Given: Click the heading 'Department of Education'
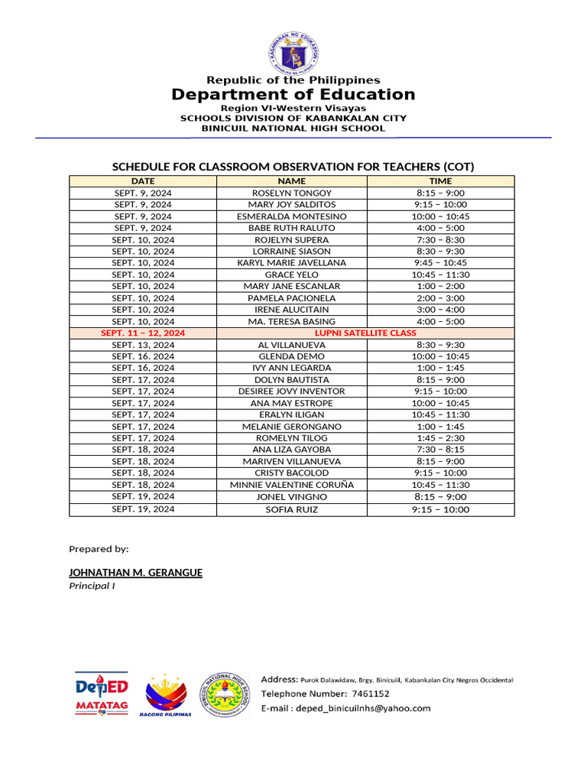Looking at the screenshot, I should pos(293,95).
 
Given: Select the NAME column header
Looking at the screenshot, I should pos(291,181).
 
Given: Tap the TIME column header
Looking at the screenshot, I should pos(440,181).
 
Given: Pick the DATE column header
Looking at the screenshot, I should pos(143,181).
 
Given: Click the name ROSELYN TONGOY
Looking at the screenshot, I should pos(291,193).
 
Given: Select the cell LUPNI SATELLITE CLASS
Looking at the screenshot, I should pos(366,333).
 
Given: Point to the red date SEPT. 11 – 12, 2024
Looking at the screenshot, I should pos(143,333).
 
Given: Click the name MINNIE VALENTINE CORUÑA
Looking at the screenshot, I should pos(291,485).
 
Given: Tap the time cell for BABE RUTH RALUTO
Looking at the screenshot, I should pos(440,228).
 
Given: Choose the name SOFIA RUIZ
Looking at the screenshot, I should pos(291,509).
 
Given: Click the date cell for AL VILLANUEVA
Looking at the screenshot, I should pos(143,345).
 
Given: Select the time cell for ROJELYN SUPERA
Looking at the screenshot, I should pos(440,240).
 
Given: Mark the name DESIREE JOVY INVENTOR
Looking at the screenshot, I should pos(291,391).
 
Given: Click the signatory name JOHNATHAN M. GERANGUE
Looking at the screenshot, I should pos(135,573).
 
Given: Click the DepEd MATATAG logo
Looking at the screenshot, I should pos(102,693).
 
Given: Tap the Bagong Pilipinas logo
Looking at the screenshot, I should pos(166,695).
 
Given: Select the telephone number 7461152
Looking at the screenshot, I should pos(370,694).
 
